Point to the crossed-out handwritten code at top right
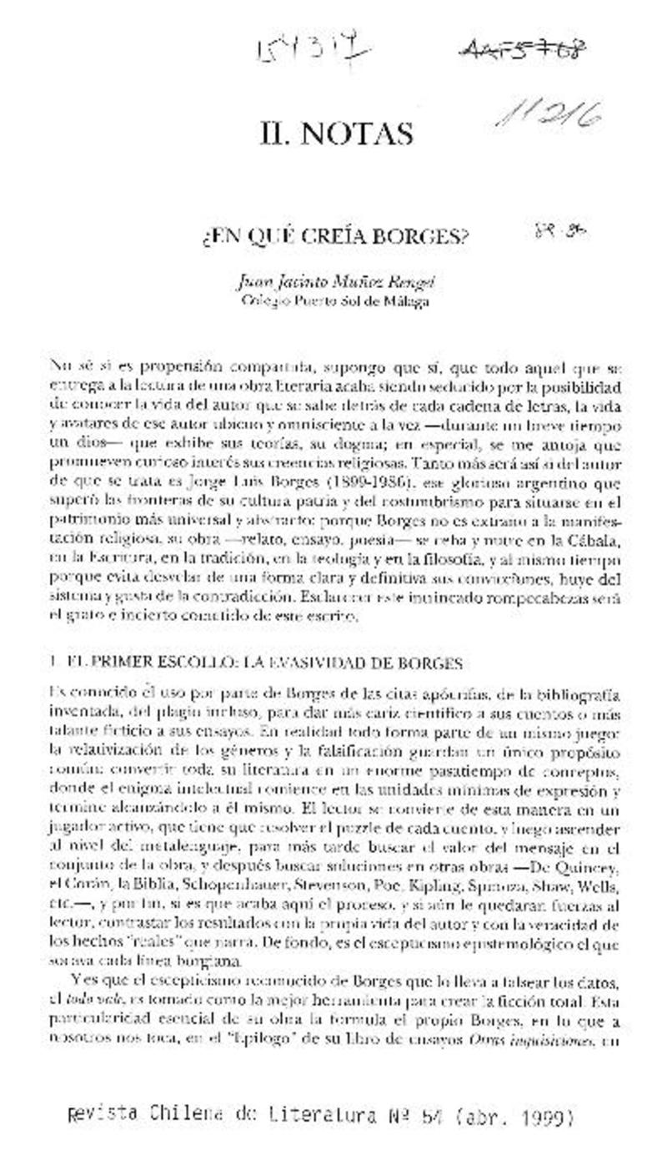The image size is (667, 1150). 522,51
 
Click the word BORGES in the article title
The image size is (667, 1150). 425,239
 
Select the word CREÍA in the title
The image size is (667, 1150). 342,239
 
